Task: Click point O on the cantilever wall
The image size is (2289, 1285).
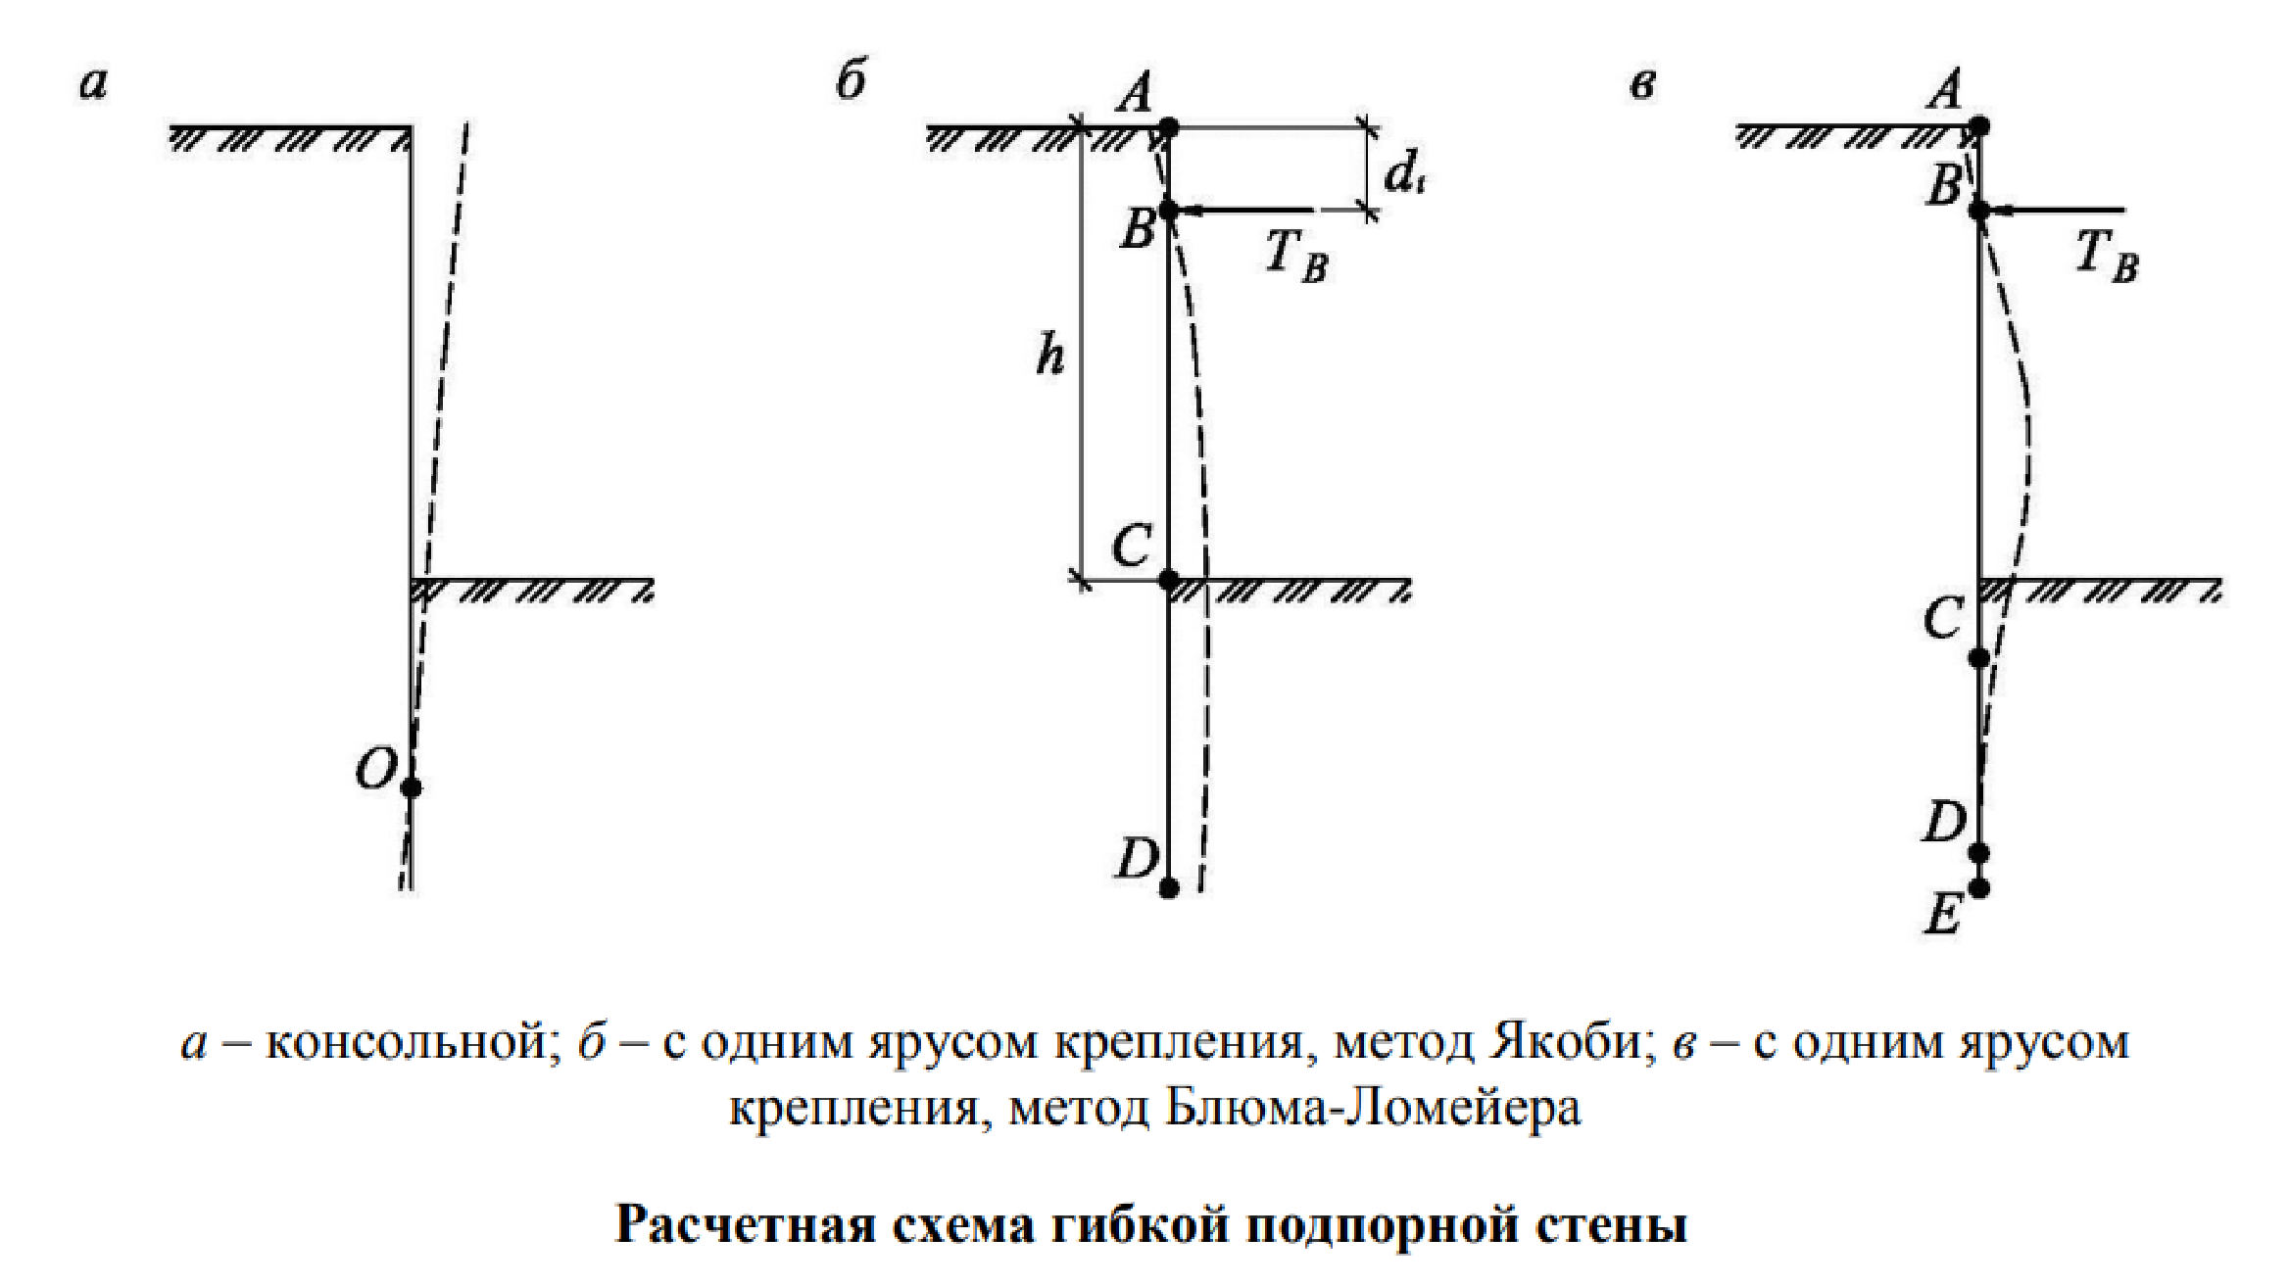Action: (x=412, y=786)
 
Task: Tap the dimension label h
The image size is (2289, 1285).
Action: (x=1049, y=357)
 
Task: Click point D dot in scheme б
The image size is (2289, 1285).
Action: (x=1168, y=888)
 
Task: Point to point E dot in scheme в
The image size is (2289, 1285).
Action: (x=1979, y=888)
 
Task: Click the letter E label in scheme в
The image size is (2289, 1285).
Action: (x=1943, y=918)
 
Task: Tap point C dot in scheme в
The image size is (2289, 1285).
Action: (x=1979, y=658)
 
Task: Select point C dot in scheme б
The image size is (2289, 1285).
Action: (x=1168, y=580)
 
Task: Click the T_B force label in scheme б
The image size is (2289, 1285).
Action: (x=1295, y=256)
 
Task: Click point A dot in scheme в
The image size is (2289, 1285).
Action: (x=1979, y=126)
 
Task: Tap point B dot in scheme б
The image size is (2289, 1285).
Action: (x=1168, y=210)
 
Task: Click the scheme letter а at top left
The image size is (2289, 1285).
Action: (x=93, y=84)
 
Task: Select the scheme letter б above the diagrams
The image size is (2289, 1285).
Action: (x=851, y=80)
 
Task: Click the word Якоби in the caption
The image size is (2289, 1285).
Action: (x=1564, y=1042)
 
